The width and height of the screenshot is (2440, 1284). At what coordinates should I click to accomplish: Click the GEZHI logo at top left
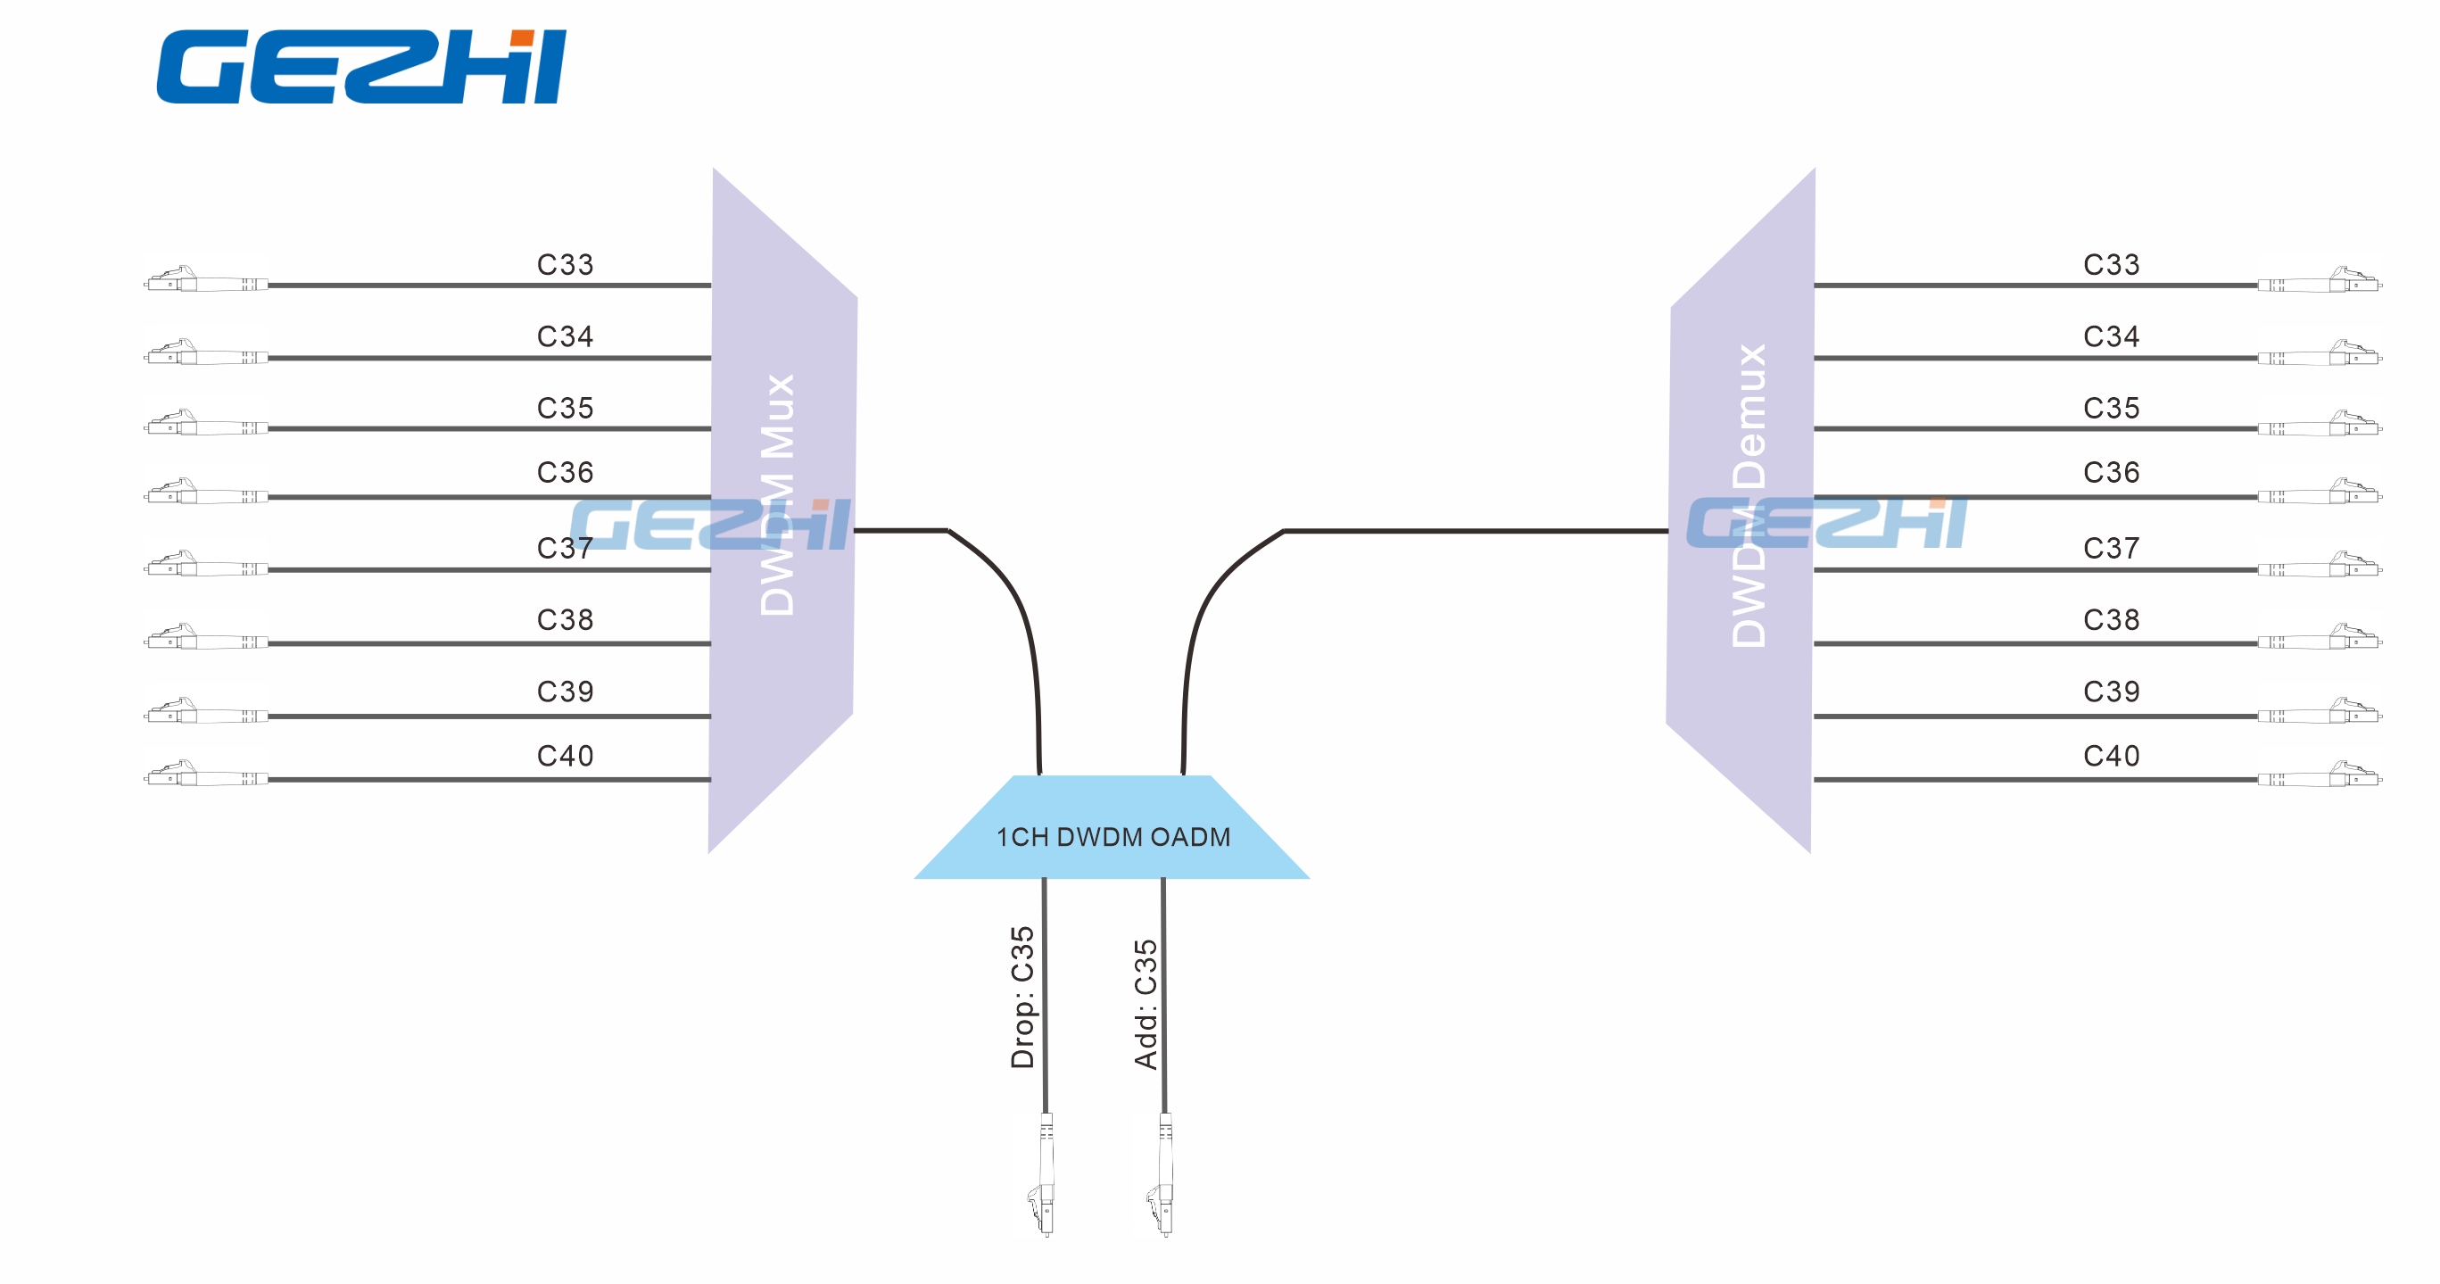click(x=361, y=66)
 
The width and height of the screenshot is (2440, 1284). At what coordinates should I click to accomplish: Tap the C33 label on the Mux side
click(x=565, y=264)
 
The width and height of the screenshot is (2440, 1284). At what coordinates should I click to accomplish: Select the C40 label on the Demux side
click(x=2111, y=755)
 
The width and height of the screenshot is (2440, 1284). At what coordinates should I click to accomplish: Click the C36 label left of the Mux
click(x=565, y=472)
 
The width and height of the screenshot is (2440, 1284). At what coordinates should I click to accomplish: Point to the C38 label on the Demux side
click(x=2111, y=620)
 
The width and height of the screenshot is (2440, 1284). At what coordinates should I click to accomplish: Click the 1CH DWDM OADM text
click(x=1113, y=837)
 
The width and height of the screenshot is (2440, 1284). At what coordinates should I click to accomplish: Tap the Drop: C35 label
click(x=1022, y=997)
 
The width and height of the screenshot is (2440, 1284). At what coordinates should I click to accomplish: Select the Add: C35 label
click(x=1146, y=1004)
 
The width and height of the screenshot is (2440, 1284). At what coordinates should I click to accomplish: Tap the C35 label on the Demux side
click(x=2111, y=409)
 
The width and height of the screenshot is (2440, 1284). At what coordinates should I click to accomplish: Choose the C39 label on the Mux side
click(x=565, y=692)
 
